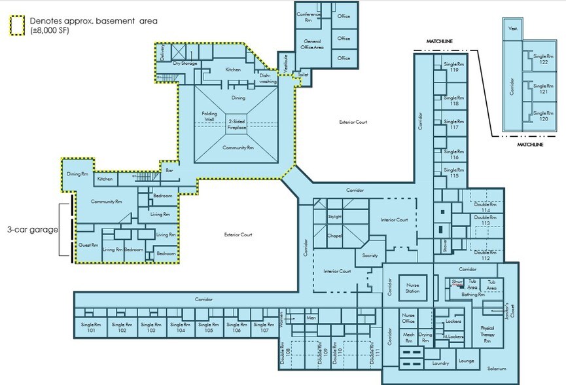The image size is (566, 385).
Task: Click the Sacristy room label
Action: [370, 255]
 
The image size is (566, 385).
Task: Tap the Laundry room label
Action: [441, 363]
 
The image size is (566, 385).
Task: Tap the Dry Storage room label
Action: [186, 64]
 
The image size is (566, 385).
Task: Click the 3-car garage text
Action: [32, 230]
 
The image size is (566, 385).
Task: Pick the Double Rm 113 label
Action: [485, 221]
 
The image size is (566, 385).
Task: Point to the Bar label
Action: [169, 170]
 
